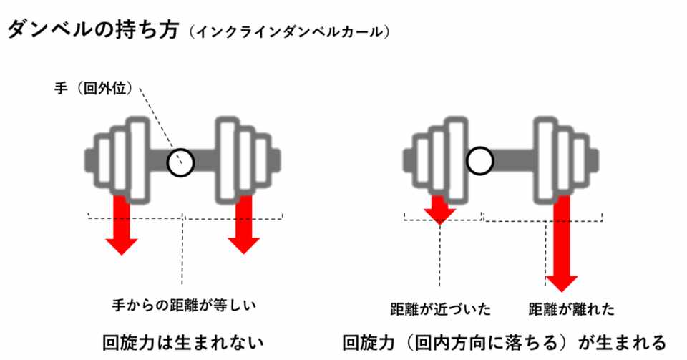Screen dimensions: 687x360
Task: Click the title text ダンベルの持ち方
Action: pyautogui.click(x=93, y=30)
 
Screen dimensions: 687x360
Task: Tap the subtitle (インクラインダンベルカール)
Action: pyautogui.click(x=289, y=32)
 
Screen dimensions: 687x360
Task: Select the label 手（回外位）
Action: pyautogui.click(x=94, y=88)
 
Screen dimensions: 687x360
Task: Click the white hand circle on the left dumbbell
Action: pyautogui.click(x=180, y=162)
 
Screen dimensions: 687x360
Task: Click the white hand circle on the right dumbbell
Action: pyautogui.click(x=480, y=161)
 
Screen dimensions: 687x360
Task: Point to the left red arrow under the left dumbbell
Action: pyautogui.click(x=122, y=224)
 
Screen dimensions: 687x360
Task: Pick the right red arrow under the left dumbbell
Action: pyautogui.click(x=243, y=224)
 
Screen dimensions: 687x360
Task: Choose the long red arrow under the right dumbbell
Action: pyautogui.click(x=562, y=243)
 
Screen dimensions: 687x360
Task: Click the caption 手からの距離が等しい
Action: pyautogui.click(x=184, y=305)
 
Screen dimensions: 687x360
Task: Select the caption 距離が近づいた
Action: pyautogui.click(x=440, y=309)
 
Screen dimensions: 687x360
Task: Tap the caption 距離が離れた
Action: pyautogui.click(x=572, y=309)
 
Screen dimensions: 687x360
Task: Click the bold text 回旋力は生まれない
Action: pyautogui.click(x=183, y=343)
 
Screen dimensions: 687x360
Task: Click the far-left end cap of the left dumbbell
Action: pyautogui.click(x=89, y=161)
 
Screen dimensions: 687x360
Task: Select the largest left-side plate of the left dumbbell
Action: pyautogui.click(x=137, y=161)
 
